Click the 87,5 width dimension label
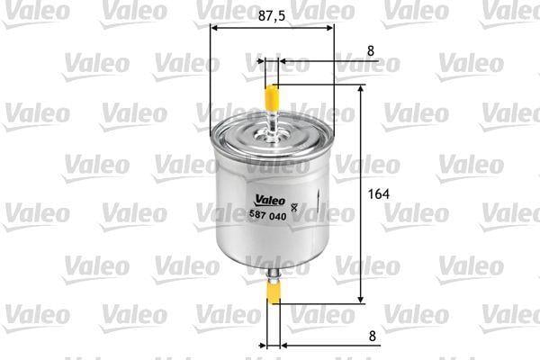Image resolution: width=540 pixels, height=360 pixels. pyautogui.click(x=272, y=15)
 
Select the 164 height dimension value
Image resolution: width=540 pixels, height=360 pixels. pyautogui.click(x=379, y=194)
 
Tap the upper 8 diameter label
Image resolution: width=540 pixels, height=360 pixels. pyautogui.click(x=371, y=51)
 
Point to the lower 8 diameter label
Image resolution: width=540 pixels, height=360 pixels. pyautogui.click(x=373, y=336)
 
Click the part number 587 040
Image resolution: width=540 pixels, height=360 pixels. pyautogui.click(x=267, y=216)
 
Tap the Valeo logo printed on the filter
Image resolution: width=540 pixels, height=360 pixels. pyautogui.click(x=270, y=201)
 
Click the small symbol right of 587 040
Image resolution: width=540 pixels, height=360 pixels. pyautogui.click(x=294, y=208)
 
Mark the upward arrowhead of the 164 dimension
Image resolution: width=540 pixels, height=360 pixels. pyautogui.click(x=361, y=89)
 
